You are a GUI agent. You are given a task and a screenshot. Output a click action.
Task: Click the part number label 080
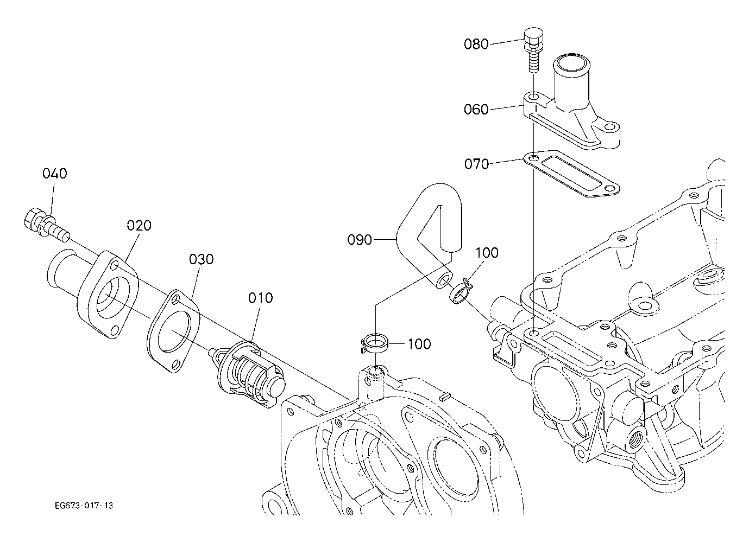(x=476, y=44)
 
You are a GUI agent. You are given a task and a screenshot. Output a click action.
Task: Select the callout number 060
(x=476, y=110)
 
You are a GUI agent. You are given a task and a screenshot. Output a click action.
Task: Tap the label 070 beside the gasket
(x=476, y=164)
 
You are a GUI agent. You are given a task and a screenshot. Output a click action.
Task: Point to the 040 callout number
(x=55, y=174)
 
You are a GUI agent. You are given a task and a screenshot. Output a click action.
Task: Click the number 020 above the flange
(x=139, y=226)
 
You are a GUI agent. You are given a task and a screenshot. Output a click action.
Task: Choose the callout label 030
(x=202, y=259)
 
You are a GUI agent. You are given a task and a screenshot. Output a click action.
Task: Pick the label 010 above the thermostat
(x=261, y=298)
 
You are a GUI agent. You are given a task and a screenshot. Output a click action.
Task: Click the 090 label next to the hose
(x=360, y=240)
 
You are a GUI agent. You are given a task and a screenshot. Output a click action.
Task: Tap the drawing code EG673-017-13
(x=84, y=506)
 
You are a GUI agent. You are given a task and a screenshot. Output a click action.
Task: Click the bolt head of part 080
(x=533, y=37)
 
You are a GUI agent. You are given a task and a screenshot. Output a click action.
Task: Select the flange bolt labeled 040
(x=47, y=226)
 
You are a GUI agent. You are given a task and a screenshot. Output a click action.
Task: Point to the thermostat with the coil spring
(x=248, y=375)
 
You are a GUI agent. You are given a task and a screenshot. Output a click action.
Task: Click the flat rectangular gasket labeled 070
(x=571, y=174)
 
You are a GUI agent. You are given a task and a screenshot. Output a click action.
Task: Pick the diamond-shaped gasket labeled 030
(x=173, y=331)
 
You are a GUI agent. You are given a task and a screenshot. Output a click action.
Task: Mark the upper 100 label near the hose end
(x=487, y=253)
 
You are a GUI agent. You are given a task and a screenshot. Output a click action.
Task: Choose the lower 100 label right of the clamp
(x=419, y=344)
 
